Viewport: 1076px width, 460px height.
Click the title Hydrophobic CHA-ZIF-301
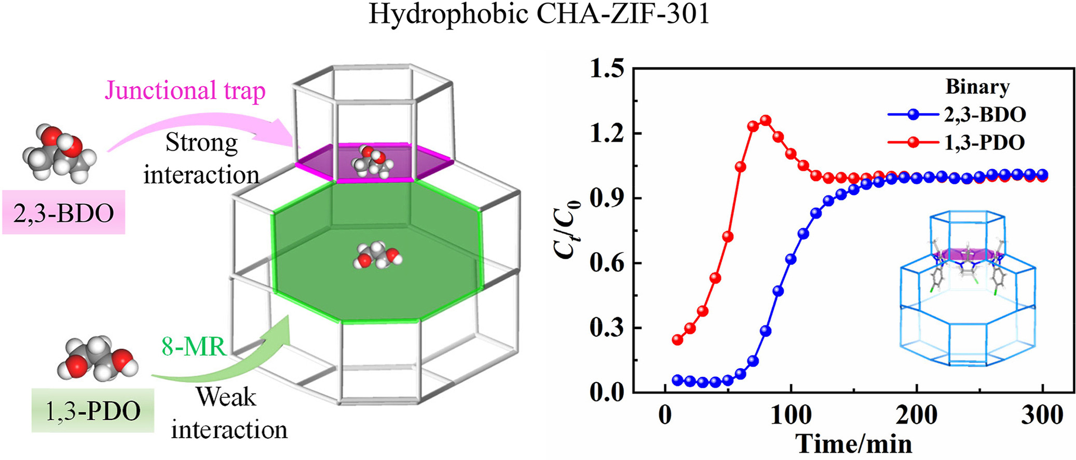[539, 15]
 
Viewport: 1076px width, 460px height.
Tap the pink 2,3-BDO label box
[63, 212]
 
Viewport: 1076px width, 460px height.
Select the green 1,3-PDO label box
[93, 411]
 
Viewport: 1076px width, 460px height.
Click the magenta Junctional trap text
[185, 90]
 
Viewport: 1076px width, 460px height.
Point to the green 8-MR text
[194, 346]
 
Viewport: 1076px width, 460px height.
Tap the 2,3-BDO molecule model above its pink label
[59, 152]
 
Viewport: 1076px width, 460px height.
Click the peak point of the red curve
[765, 120]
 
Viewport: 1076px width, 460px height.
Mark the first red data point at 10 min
[677, 340]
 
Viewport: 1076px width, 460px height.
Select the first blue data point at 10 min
[677, 380]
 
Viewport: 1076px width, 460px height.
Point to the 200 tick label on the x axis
[917, 415]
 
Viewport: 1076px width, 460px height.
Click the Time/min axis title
[854, 444]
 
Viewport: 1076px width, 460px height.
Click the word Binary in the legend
[977, 87]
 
